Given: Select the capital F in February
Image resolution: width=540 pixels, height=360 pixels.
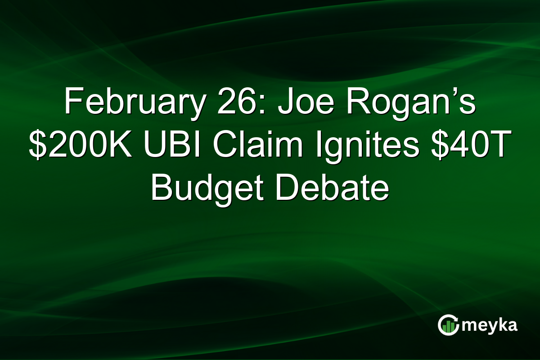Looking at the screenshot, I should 71,103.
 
